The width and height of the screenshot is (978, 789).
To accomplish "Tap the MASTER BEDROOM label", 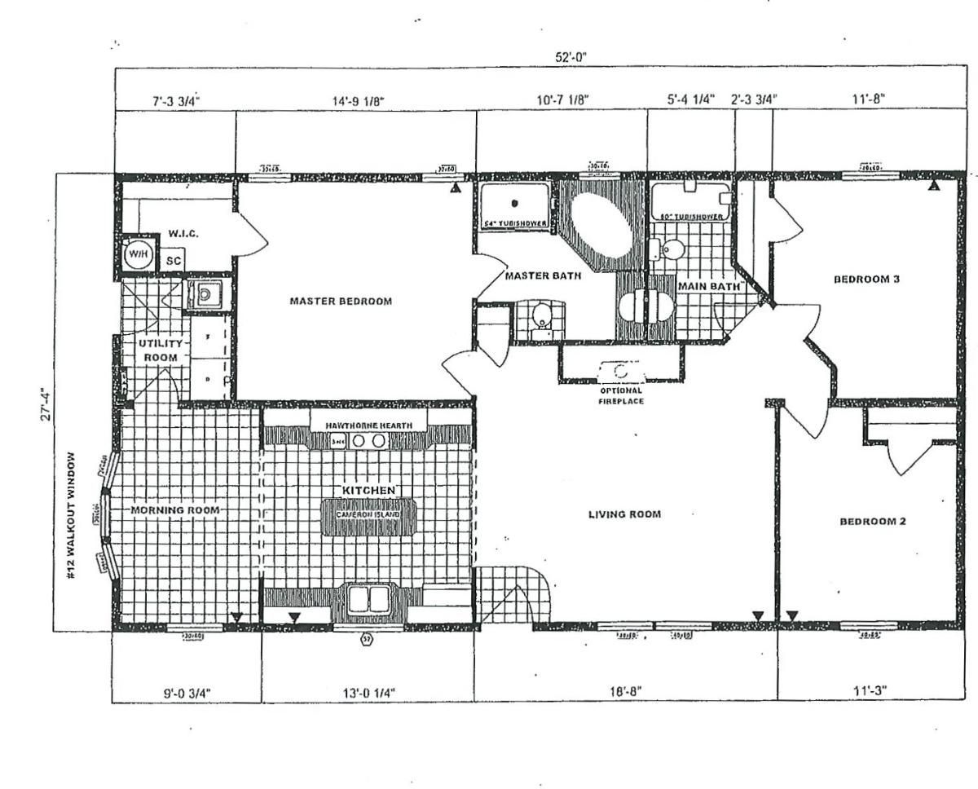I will tap(341, 301).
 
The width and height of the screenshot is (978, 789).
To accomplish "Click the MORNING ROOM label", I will tap(175, 510).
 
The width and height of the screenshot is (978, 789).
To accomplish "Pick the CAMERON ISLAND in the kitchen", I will tap(368, 517).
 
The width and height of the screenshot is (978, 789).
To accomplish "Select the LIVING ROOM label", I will tap(624, 514).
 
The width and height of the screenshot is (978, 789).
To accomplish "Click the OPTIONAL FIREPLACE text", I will tap(621, 395).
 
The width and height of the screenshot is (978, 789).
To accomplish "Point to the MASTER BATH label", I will tap(543, 275).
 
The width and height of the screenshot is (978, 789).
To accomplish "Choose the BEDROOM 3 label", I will tap(866, 279).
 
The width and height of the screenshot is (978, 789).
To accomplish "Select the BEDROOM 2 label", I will tap(873, 522).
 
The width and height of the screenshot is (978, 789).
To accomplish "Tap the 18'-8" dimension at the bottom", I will tap(626, 691).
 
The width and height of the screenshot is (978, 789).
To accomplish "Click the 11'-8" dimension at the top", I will tap(869, 99).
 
